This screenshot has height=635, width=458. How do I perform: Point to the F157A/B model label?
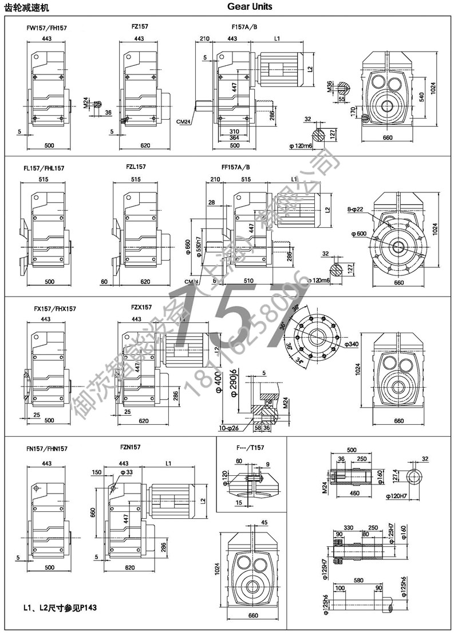tap(244, 27)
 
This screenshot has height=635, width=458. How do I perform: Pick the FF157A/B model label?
tap(235, 168)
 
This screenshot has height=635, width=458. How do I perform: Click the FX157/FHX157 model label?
tap(55, 309)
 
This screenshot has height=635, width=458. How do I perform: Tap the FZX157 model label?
tap(141, 307)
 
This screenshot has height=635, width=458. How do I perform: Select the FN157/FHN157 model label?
tap(47, 449)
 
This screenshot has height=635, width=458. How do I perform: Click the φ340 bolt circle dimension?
tap(352, 344)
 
